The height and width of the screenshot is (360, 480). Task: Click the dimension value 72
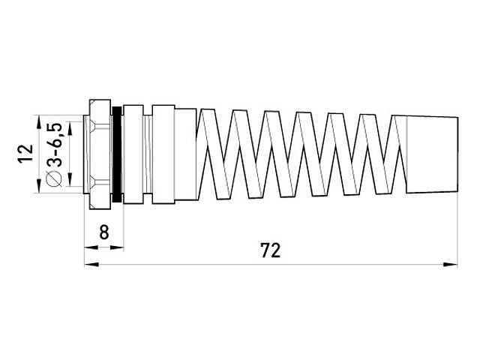tap(271, 250)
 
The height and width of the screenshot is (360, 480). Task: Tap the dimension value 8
tap(104, 232)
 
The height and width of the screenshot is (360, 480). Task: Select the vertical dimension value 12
tap(25, 154)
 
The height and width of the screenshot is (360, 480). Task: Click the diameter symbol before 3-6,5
tap(54, 178)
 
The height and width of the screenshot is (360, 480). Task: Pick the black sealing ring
tap(117, 154)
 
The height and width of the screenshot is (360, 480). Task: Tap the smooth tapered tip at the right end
tap(430, 153)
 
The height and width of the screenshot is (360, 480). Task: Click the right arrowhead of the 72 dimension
tap(452, 264)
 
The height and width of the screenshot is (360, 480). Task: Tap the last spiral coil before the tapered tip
tap(382, 154)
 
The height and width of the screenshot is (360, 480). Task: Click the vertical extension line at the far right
tap(458, 225)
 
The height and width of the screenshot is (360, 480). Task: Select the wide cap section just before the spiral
tap(184, 154)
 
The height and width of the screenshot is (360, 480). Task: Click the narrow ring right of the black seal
tap(132, 154)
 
